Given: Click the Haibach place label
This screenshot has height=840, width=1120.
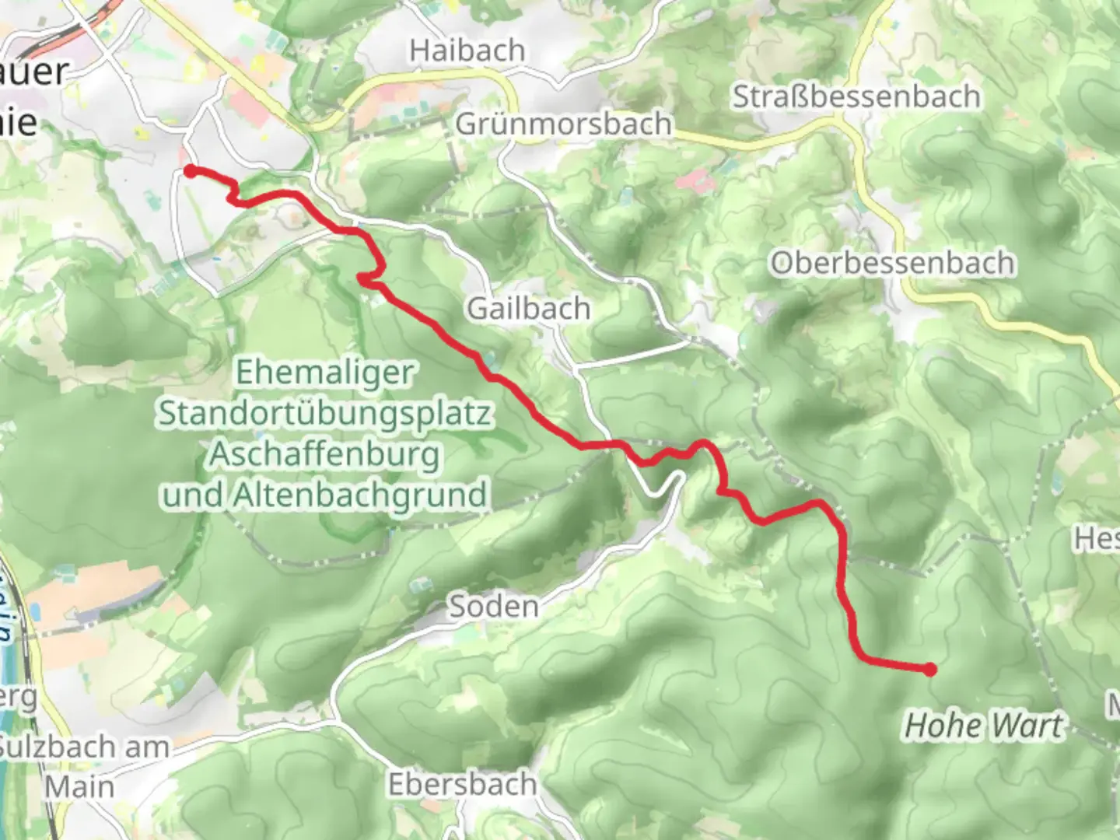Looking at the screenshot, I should pyautogui.click(x=467, y=51).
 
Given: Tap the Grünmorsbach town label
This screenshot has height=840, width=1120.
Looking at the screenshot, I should pyautogui.click(x=563, y=124).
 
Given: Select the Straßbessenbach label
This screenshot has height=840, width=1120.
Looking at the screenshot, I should pyautogui.click(x=856, y=97).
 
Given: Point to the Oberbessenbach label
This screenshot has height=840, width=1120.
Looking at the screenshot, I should pyautogui.click(x=892, y=263).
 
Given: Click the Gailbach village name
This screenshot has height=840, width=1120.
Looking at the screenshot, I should pyautogui.click(x=529, y=309).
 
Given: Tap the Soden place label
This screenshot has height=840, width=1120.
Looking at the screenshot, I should pyautogui.click(x=494, y=606).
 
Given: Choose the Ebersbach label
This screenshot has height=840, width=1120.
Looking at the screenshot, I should pyautogui.click(x=463, y=784).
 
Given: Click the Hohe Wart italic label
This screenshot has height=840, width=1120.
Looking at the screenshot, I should pyautogui.click(x=982, y=726).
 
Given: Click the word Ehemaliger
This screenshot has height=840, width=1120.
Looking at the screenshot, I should pyautogui.click(x=325, y=373).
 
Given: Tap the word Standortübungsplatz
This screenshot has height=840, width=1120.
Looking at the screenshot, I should pyautogui.click(x=325, y=413).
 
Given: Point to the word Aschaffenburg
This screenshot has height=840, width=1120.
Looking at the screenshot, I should pyautogui.click(x=325, y=453).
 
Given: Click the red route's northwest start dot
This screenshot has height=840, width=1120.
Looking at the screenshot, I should pyautogui.click(x=190, y=171).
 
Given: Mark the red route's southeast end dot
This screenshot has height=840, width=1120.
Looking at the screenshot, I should pyautogui.click(x=929, y=669).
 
